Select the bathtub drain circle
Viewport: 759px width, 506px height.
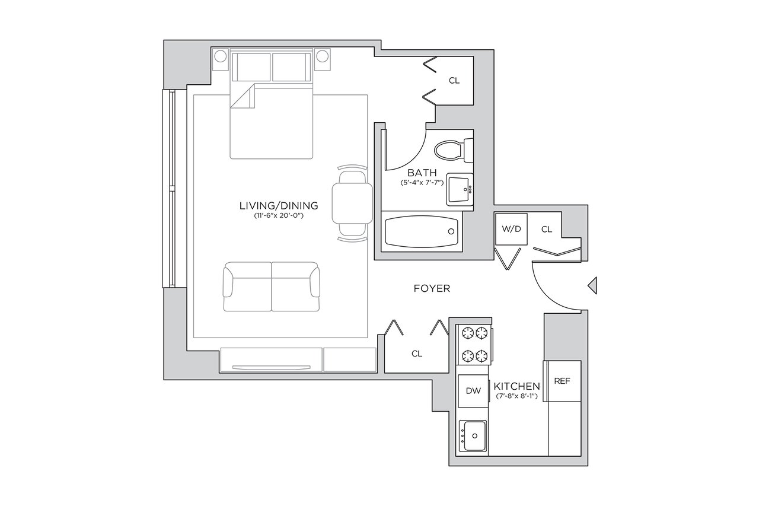(451, 231)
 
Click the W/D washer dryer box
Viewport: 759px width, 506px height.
(511, 229)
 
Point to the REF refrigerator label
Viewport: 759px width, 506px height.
(562, 381)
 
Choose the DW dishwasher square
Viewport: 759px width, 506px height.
(473, 391)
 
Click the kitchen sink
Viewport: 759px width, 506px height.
(473, 436)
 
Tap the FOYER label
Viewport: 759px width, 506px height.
(432, 288)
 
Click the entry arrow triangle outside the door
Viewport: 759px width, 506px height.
(592, 285)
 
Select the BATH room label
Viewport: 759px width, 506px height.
(422, 173)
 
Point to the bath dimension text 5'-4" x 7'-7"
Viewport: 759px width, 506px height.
(422, 183)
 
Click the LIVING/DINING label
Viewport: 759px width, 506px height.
(279, 206)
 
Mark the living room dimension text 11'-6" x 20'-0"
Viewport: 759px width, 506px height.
(279, 215)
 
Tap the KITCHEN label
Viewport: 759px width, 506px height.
(516, 386)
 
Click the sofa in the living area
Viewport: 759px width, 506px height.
(272, 287)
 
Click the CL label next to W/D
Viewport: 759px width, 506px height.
(547, 230)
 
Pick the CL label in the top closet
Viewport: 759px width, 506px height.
(454, 81)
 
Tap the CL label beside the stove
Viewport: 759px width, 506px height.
(417, 354)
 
